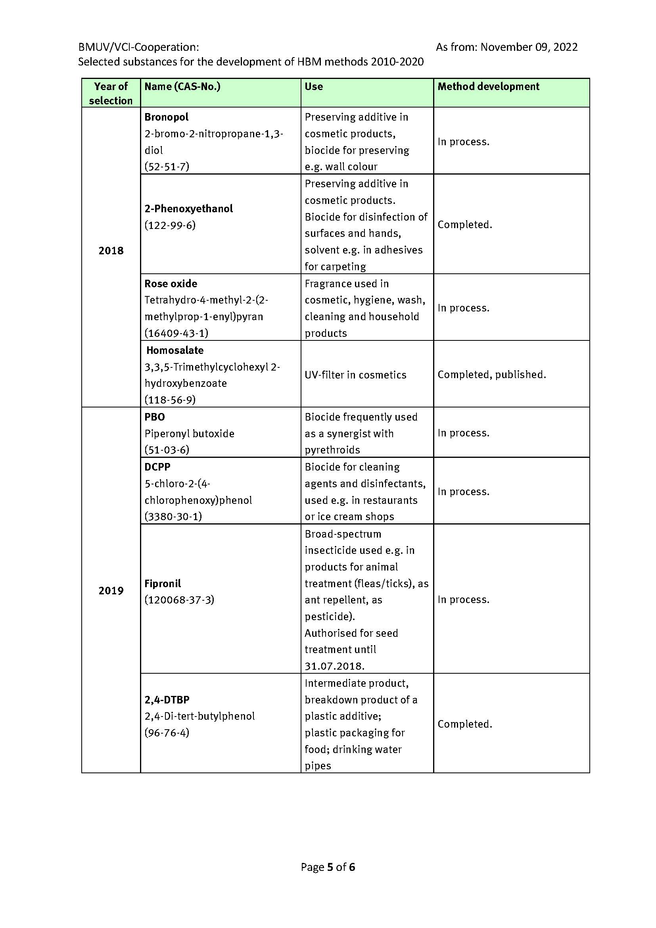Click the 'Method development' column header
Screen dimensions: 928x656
[488, 86]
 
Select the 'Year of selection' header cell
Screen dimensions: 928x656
[111, 93]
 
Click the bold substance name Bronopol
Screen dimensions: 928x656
[167, 117]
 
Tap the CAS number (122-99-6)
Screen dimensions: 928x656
[170, 225]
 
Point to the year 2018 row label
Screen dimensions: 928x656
[111, 251]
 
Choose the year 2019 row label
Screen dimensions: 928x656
[111, 590]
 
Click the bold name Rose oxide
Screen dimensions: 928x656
[171, 284]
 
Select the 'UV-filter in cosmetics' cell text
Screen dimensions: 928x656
[355, 375]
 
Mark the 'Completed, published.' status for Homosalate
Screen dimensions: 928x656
[491, 375]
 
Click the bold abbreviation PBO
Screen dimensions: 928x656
[155, 417]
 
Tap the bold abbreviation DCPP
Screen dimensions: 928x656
[157, 467]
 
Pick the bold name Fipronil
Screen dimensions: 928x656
[162, 583]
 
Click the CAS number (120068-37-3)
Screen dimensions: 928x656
[179, 599]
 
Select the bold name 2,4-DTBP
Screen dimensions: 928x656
[167, 699]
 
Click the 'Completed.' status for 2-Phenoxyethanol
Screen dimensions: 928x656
[464, 225]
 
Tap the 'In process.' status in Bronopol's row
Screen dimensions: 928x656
[463, 142]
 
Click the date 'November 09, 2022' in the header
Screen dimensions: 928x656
[529, 47]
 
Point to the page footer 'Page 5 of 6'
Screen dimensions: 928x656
[328, 867]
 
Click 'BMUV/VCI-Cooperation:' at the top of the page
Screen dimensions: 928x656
[138, 47]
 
